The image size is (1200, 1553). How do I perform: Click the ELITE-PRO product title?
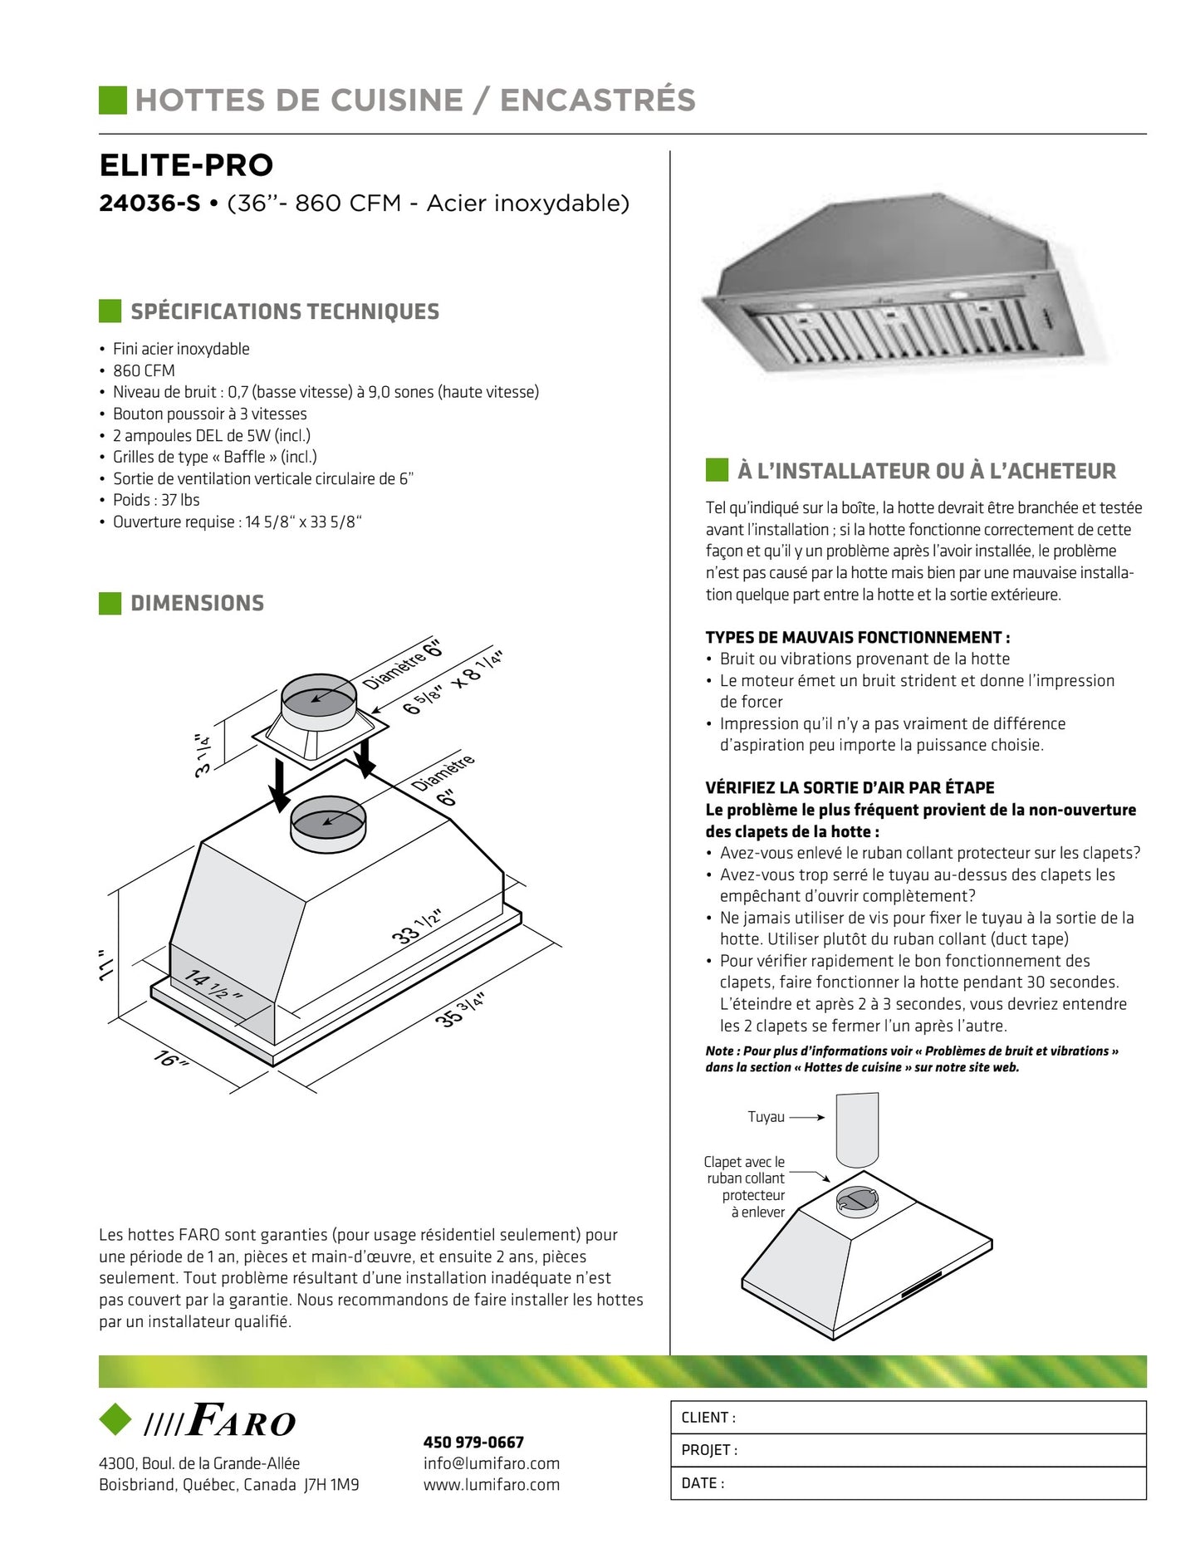coord(186,165)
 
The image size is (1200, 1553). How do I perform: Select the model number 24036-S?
coord(149,203)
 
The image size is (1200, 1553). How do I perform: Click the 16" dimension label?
coord(170,1059)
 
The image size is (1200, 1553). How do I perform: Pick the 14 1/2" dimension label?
coord(213,985)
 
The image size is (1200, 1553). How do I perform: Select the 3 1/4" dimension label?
coord(202,755)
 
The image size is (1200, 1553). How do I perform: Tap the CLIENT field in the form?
coord(908,1418)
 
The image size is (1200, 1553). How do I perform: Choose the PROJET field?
coord(908,1450)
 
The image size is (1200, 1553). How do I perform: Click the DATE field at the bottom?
coord(908,1483)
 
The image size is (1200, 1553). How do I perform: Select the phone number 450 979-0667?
coord(473,1443)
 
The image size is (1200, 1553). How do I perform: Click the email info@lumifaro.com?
coord(492,1463)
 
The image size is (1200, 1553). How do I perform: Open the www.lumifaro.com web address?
coord(492,1485)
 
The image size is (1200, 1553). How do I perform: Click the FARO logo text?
coord(241,1421)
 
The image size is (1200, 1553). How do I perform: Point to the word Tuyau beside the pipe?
coord(766,1117)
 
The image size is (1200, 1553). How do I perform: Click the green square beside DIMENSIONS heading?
coord(110,604)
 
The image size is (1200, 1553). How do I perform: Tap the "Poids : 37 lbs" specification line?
coord(156,500)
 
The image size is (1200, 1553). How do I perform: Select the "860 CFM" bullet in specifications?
coord(144,370)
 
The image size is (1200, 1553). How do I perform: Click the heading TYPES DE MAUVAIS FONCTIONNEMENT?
coord(857,638)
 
